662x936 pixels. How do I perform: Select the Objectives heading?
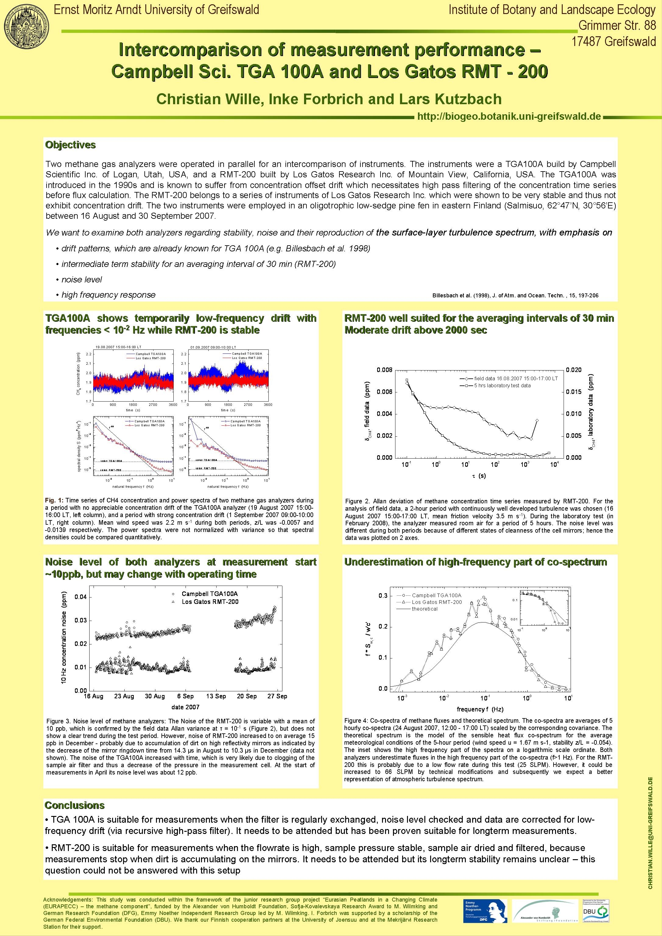pyautogui.click(x=70, y=145)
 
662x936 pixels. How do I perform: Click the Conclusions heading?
pyautogui.click(x=75, y=805)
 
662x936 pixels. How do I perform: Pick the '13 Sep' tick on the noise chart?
pyautogui.click(x=216, y=696)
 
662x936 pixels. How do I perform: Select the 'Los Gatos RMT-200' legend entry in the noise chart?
pyautogui.click(x=210, y=602)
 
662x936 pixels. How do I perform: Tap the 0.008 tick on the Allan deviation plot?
pyautogui.click(x=384, y=370)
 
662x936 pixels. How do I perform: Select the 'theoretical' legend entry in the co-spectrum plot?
pyautogui.click(x=424, y=609)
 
